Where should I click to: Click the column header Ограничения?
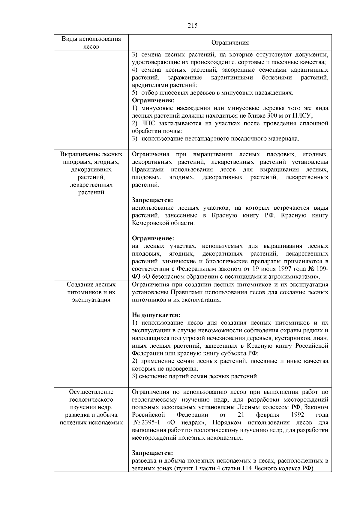point(230,43)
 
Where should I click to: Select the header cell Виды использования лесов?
point(91,42)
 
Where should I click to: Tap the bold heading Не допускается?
point(156,315)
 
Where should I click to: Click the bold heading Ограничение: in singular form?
point(153,238)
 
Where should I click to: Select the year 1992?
point(297,415)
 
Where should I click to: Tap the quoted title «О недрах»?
point(186,423)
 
